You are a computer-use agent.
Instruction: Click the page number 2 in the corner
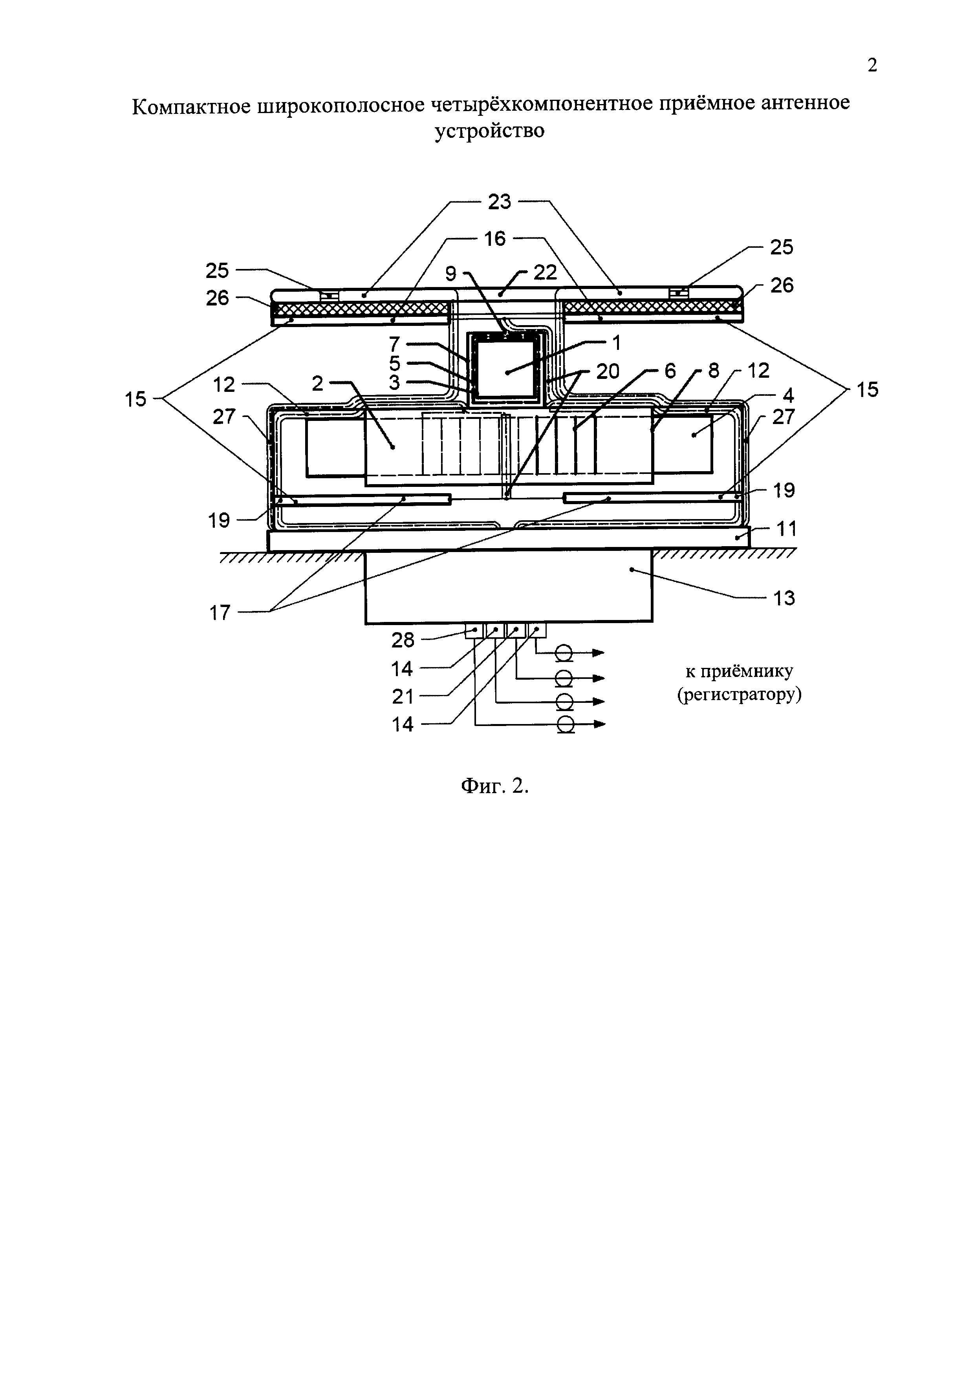pos(872,65)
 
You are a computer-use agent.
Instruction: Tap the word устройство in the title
pos(489,131)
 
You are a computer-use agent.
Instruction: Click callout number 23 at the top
pos(499,202)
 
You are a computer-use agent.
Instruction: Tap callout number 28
pos(403,640)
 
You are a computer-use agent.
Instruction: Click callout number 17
pos(220,613)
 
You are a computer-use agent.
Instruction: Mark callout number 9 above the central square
pos(450,274)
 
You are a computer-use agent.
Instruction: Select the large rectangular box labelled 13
pos(509,587)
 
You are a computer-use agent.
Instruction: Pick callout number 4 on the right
pos(788,395)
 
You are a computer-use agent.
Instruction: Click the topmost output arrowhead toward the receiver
pos(599,653)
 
